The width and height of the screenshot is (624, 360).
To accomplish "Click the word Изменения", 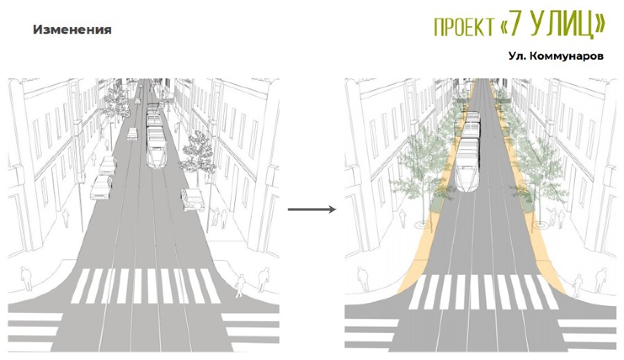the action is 72,30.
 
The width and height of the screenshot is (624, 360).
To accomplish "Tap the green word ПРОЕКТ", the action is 464,27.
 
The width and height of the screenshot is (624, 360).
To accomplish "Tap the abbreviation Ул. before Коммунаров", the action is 518,56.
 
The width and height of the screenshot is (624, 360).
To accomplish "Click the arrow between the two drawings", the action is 312,209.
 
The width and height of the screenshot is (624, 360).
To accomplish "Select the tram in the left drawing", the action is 155,136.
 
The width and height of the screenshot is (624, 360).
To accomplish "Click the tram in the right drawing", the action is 468,151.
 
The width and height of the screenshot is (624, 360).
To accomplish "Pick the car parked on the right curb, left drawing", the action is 193,199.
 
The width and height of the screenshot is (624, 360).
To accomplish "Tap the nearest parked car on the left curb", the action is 101,187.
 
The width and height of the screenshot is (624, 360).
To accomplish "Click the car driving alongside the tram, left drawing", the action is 132,134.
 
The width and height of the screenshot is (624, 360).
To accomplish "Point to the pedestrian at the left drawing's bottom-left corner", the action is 26,279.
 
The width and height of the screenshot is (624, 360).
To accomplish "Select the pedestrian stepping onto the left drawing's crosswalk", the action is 240,286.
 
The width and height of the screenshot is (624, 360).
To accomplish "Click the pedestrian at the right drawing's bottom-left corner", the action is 363,279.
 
